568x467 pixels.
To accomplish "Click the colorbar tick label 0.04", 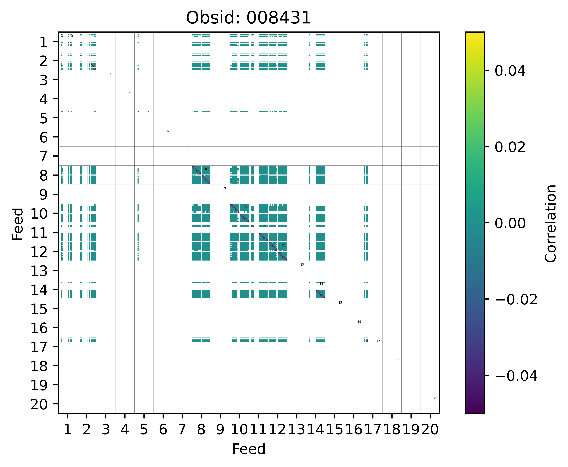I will click(510, 71).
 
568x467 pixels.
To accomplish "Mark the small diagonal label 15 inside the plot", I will click(340, 303).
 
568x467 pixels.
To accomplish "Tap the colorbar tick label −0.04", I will click(516, 376).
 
